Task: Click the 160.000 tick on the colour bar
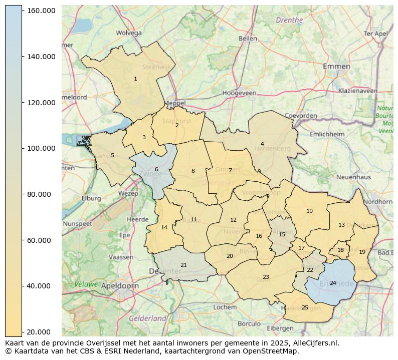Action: [x=41, y=11]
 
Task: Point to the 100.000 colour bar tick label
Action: [x=41, y=148]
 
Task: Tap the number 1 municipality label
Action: [x=135, y=79]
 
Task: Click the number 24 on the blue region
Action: [x=333, y=283]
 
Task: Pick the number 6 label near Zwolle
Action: [x=156, y=169]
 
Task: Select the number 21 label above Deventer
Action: [x=183, y=265]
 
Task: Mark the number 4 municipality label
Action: [x=262, y=144]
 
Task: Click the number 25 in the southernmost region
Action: [x=305, y=307]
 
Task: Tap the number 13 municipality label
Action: [x=341, y=225]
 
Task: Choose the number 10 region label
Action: [x=309, y=211]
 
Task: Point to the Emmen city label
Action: [x=336, y=66]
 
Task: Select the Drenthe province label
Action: [x=289, y=20]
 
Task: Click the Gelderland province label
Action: [x=147, y=318]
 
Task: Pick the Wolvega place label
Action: [x=128, y=33]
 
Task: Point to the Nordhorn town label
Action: [x=378, y=201]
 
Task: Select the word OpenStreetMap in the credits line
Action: [x=271, y=351]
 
